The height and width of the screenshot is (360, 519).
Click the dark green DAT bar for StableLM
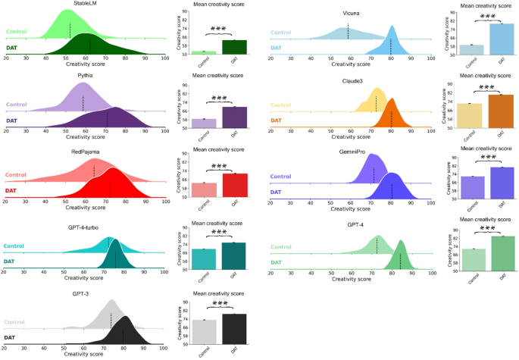tap(234, 47)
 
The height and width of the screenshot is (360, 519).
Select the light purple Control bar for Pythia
tap(204, 124)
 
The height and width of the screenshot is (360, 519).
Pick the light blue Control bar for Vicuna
tap(471, 50)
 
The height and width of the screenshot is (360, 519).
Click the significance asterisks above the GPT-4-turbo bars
tap(219, 233)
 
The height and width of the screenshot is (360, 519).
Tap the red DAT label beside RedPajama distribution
tap(11, 191)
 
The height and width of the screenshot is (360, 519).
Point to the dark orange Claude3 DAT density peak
tap(392, 100)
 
